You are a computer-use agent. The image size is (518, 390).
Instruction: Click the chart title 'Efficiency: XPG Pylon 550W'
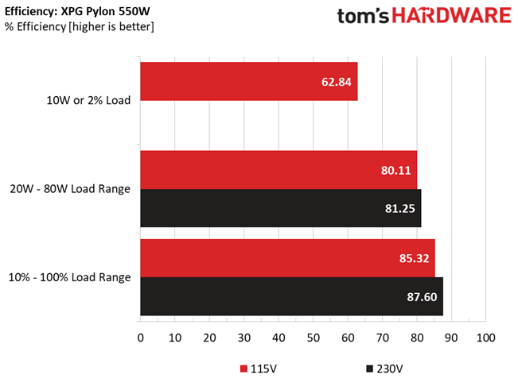(x=77, y=12)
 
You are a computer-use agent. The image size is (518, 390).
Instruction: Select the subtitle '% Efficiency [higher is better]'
(x=80, y=27)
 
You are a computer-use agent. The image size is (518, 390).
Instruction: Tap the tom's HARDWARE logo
(x=424, y=16)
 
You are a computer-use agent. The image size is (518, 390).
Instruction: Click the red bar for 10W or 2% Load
(x=249, y=82)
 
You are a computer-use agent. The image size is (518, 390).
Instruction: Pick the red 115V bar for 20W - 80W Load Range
(x=278, y=170)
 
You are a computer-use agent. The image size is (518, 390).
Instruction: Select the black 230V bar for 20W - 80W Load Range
(x=280, y=208)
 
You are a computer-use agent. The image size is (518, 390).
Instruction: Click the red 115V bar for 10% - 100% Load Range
(x=287, y=258)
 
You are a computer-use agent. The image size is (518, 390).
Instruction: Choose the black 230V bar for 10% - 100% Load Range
(x=292, y=296)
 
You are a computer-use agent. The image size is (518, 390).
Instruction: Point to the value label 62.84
(x=337, y=82)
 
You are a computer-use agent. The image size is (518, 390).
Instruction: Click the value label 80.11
(x=395, y=171)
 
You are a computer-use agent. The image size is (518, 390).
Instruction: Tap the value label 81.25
(x=399, y=209)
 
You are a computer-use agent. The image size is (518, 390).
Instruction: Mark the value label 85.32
(x=414, y=258)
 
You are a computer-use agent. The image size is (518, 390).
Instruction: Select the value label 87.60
(x=422, y=297)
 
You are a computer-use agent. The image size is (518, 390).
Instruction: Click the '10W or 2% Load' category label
(x=88, y=100)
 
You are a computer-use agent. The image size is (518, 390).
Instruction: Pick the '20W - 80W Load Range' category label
(x=70, y=189)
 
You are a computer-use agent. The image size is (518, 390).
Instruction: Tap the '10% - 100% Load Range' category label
(x=69, y=277)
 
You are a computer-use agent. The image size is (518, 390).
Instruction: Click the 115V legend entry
(x=259, y=369)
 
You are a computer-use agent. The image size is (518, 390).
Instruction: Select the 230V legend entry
(x=384, y=369)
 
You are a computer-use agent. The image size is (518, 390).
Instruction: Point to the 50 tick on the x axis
(x=314, y=338)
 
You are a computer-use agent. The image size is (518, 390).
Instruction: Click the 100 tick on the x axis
(x=485, y=338)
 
